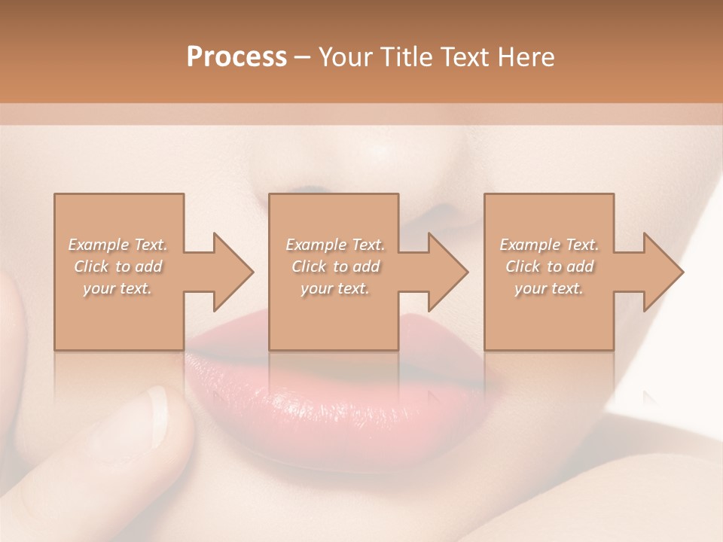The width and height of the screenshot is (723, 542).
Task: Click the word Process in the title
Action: (x=236, y=57)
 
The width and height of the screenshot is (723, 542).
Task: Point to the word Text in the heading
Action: (x=465, y=57)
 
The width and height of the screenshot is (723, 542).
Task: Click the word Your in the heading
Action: (x=344, y=57)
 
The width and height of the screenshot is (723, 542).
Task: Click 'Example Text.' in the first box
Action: (x=118, y=245)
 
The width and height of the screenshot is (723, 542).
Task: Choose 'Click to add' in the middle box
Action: (x=335, y=266)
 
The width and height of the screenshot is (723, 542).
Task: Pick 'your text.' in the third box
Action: (x=549, y=288)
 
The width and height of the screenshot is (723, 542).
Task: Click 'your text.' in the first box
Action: (x=118, y=288)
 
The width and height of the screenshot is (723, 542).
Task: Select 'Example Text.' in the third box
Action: (x=549, y=245)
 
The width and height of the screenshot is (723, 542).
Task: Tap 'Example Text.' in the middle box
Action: (x=335, y=245)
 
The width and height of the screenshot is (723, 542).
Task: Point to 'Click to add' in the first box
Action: (x=118, y=266)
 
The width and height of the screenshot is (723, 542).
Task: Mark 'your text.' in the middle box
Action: (x=335, y=288)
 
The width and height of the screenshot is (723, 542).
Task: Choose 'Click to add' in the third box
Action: (x=549, y=266)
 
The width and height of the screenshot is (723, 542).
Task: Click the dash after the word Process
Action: (x=303, y=58)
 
